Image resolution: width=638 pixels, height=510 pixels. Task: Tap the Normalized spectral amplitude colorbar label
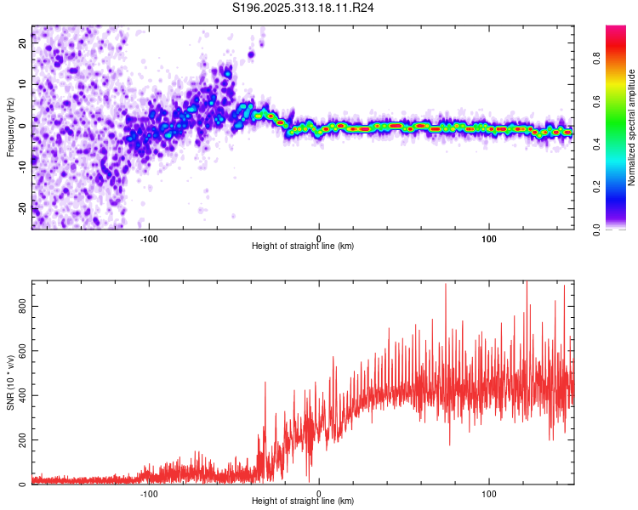[x=632, y=127]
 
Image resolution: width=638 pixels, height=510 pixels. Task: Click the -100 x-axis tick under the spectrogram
[x=150, y=237]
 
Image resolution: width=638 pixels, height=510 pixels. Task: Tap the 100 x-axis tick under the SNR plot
[x=489, y=492]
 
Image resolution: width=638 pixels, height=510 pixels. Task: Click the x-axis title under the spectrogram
[x=303, y=246]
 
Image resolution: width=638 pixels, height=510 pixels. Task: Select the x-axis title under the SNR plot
[x=303, y=501]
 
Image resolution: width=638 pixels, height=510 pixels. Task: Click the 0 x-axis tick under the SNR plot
[x=319, y=492]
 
